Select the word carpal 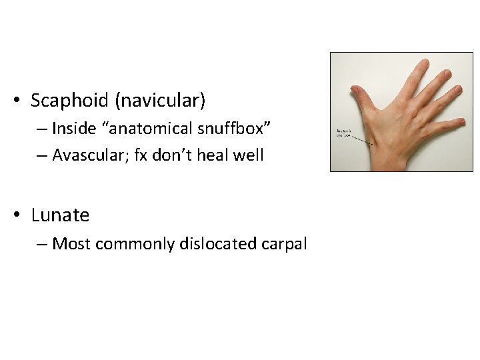(x=285, y=244)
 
